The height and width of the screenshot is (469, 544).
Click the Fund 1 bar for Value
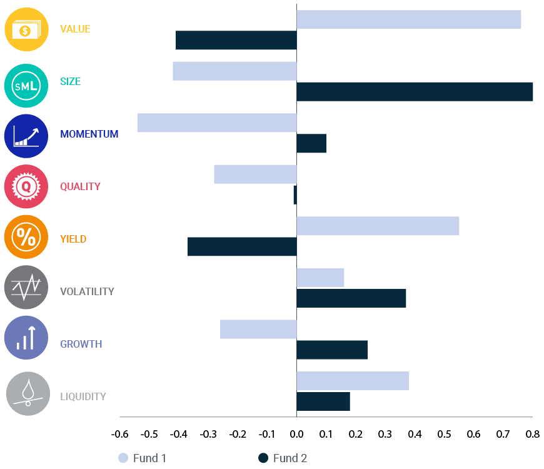[408, 19]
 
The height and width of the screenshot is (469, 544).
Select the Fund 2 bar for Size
[414, 92]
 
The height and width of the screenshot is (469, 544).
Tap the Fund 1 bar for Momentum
[216, 123]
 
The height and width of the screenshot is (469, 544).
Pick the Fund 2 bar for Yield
[242, 246]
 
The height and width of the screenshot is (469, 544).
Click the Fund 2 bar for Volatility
[351, 298]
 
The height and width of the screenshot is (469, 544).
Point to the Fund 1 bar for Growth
[258, 329]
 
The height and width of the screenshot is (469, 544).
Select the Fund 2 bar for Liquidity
[323, 401]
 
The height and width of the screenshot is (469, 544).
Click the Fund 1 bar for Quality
[255, 174]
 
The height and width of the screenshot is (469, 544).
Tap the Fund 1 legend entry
[143, 458]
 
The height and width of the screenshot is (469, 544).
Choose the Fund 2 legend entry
[283, 458]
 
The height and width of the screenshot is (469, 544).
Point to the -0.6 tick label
[119, 434]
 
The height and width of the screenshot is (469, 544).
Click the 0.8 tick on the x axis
[533, 434]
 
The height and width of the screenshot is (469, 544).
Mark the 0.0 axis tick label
[296, 434]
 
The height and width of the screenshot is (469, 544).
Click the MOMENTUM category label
[89, 134]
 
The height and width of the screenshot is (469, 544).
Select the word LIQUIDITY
[83, 396]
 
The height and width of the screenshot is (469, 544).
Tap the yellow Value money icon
[26, 29]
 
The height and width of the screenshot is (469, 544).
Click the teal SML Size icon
[26, 83]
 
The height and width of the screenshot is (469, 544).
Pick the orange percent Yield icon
[26, 237]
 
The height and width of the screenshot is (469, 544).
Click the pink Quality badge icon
[26, 186]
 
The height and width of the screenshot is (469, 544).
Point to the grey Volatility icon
[26, 288]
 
